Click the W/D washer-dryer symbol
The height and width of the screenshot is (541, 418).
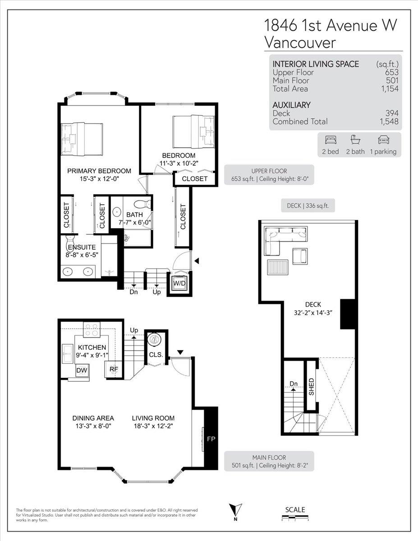coord(179,283)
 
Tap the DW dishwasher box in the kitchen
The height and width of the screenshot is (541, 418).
coord(82,370)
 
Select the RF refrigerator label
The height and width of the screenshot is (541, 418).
coord(114,369)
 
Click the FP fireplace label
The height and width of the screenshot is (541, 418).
coord(211,439)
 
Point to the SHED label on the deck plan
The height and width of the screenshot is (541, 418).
coord(312,387)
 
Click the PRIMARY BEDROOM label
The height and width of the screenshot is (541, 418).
coord(99,171)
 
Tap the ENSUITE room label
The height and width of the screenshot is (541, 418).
coord(82,247)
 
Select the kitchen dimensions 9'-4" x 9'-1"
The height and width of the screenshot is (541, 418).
coord(92,355)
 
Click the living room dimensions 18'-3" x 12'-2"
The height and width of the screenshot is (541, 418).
coord(153,426)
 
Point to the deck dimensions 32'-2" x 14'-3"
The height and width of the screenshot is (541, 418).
coord(313,313)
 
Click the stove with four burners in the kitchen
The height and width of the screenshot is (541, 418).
coord(92,329)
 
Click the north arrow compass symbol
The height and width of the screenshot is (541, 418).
coord(235,509)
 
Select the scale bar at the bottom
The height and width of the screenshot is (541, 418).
coord(295,516)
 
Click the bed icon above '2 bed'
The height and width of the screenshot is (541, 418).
coord(331,140)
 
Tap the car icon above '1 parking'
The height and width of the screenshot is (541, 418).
coord(383,140)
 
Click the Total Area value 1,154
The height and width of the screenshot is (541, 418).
coord(390,89)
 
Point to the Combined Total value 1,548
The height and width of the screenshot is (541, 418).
coord(389,121)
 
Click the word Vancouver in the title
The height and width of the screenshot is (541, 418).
coord(300,42)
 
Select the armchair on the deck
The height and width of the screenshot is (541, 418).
coord(300,256)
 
